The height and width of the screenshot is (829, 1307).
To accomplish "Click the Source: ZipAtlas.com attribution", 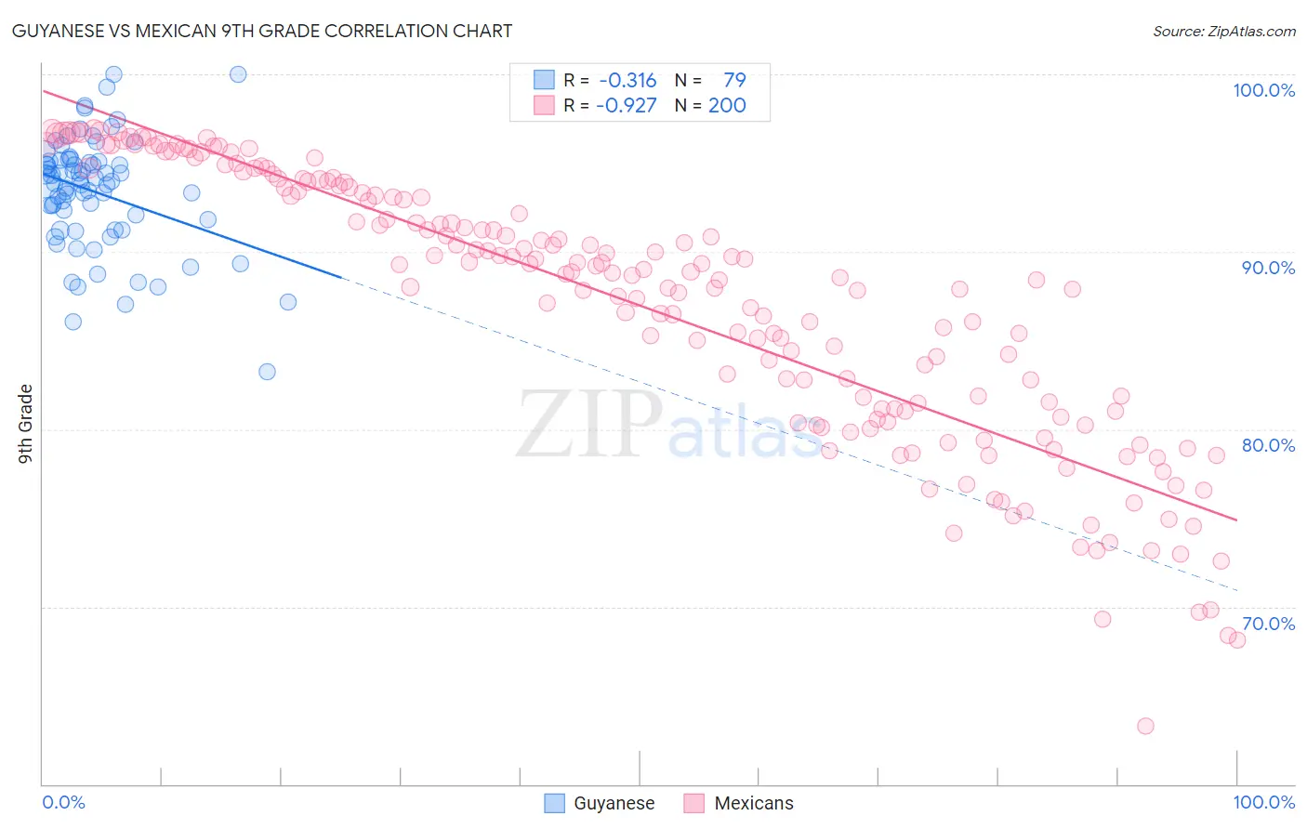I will click(x=1223, y=32).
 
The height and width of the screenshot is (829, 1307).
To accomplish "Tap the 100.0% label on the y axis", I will click(x=1263, y=90).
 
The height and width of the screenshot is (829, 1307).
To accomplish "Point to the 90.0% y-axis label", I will click(x=1268, y=268).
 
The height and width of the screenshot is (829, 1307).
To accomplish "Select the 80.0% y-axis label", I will click(x=1268, y=445).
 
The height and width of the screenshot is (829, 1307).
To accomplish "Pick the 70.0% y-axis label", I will click(x=1268, y=624).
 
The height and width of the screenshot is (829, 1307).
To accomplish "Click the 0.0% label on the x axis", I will click(x=63, y=802).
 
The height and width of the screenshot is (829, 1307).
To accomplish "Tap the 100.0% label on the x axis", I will click(x=1263, y=802).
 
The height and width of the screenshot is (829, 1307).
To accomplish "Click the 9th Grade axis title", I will click(x=26, y=423).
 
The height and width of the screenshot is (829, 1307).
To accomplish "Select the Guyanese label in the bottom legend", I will click(x=614, y=803).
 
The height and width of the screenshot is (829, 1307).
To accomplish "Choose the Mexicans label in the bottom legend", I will click(x=754, y=803).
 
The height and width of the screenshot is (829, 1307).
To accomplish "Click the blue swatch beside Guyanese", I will click(x=555, y=803).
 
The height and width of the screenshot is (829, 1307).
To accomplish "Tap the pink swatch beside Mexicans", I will click(x=694, y=803).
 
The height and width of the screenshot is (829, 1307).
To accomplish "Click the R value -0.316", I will click(x=627, y=80).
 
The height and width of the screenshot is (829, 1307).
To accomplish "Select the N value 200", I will click(x=727, y=105).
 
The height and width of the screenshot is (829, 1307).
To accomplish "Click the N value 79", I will click(x=734, y=80).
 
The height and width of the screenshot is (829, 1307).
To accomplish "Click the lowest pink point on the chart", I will click(x=1145, y=726).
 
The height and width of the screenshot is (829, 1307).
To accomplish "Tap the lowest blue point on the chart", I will click(x=267, y=372).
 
